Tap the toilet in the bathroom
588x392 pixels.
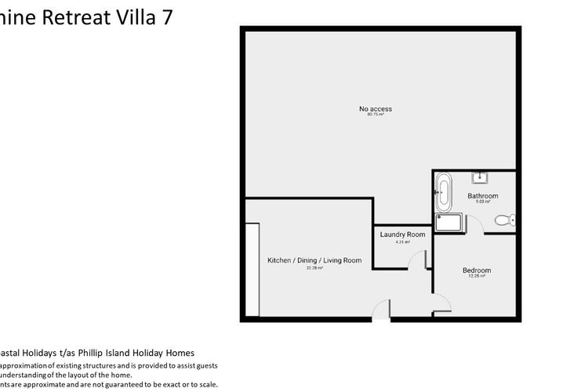pos(508,220)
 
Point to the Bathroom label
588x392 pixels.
pos(482,196)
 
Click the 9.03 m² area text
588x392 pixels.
pos(482,202)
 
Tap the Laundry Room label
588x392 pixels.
pos(402,234)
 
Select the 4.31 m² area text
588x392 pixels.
pos(402,241)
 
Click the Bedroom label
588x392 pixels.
pos(477,270)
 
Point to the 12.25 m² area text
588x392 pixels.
pos(477,277)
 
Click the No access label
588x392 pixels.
pos(376,109)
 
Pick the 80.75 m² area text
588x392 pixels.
pos(376,115)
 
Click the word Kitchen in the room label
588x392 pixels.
pos(279,260)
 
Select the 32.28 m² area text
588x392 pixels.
pos(314,267)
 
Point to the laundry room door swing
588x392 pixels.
pos(419,259)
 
